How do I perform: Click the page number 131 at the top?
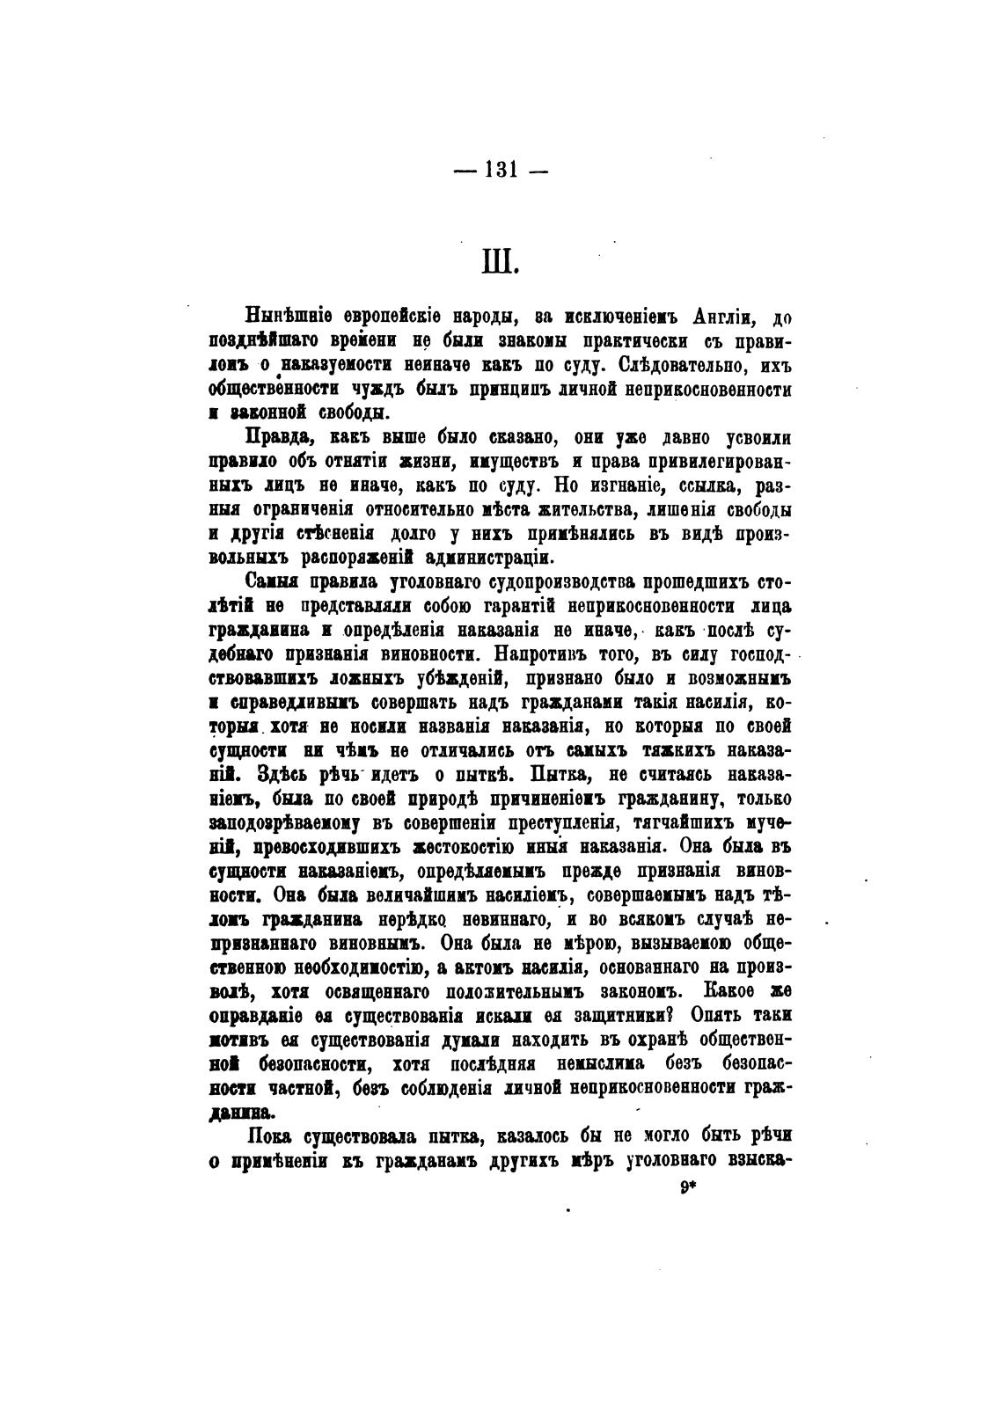click(499, 172)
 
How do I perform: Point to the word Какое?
click(728, 990)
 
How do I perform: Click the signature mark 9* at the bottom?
click(687, 1186)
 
